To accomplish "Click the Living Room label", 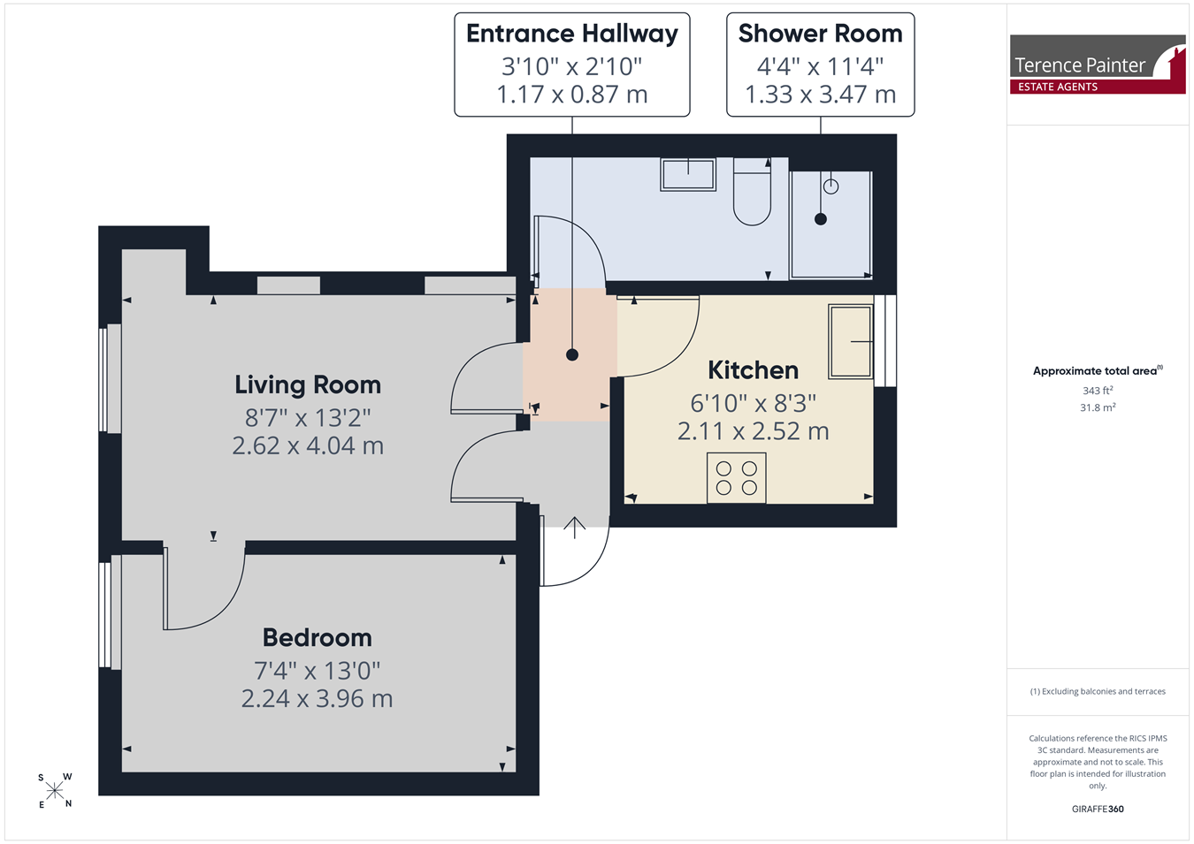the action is (308, 385).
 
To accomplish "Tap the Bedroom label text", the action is (318, 637).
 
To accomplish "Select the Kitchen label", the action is (754, 370).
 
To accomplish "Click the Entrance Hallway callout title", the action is (572, 34).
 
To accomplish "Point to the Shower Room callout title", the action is (821, 34).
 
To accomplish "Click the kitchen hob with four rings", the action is (737, 478).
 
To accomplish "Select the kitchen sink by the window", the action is (851, 341).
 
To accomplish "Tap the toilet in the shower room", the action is (752, 192).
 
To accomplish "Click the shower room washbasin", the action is (688, 174).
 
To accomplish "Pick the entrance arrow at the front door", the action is (575, 527).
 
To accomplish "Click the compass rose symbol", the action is (54, 791).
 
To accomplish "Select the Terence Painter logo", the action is (1098, 65).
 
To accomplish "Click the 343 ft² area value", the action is (1098, 391).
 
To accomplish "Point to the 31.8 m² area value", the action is (1098, 407).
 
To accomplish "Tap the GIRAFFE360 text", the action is (1098, 809).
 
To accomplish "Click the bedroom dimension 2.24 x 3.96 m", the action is (318, 699).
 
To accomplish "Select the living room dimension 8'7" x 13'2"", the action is (308, 418).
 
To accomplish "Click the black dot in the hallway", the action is (572, 354).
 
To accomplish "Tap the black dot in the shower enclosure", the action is (821, 219).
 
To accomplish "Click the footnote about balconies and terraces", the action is (1098, 691).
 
